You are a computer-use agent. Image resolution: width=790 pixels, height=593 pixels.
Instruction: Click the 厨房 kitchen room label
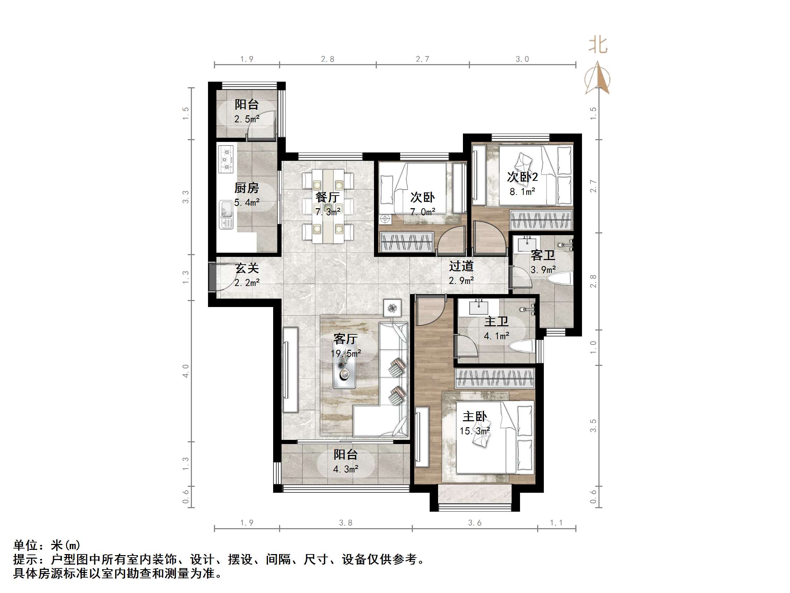pyautogui.click(x=247, y=188)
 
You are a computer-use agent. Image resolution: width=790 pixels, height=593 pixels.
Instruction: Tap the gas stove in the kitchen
pyautogui.click(x=226, y=159)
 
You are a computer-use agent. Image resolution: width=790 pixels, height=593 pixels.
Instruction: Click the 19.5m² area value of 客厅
pyautogui.click(x=345, y=353)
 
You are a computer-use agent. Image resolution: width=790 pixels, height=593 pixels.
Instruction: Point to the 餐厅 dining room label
pyautogui.click(x=327, y=197)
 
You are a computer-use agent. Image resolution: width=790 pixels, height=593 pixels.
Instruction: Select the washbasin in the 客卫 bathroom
pyautogui.click(x=527, y=244)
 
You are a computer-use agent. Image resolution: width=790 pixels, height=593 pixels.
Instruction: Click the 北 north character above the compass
pyautogui.click(x=598, y=46)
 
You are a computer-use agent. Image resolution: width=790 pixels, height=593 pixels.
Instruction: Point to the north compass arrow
pyautogui.click(x=597, y=78)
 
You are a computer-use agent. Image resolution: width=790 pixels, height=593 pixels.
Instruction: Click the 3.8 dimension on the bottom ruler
pyautogui.click(x=345, y=523)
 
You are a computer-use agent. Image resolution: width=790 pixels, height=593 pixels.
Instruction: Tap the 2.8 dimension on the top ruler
pyautogui.click(x=327, y=59)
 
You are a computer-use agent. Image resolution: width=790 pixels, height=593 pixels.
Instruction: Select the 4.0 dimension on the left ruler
pyautogui.click(x=185, y=371)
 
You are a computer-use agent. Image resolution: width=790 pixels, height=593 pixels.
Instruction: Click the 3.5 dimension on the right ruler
pyautogui.click(x=593, y=425)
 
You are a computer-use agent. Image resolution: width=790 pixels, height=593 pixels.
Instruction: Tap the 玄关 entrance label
pyautogui.click(x=247, y=268)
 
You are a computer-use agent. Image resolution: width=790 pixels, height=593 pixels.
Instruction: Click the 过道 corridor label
pyautogui.click(x=461, y=266)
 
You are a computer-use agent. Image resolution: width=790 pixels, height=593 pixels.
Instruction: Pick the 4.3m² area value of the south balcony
pyautogui.click(x=345, y=469)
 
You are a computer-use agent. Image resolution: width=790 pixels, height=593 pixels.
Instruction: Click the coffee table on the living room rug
pyautogui.click(x=344, y=372)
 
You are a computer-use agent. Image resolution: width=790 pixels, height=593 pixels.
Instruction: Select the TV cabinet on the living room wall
pyautogui.click(x=290, y=370)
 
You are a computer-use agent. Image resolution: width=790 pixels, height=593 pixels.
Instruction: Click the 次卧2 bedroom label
pyautogui.click(x=522, y=177)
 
